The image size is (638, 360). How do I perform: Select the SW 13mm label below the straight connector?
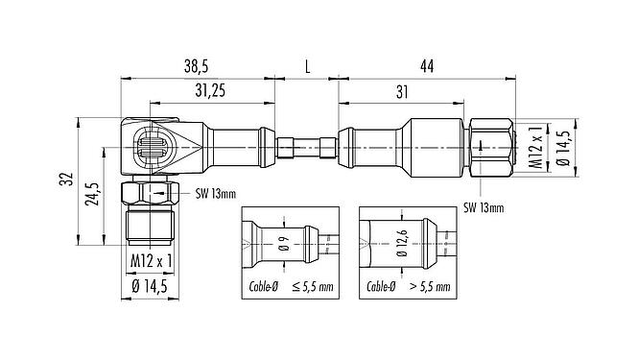tap(485, 206)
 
